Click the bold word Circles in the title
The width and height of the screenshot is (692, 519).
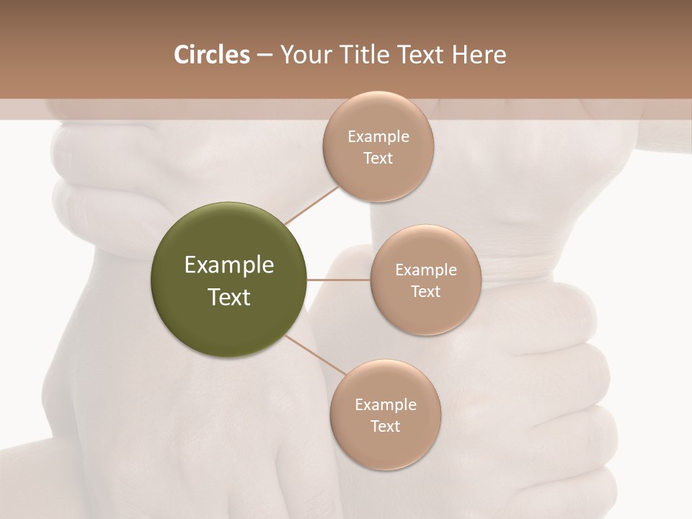coord(211,55)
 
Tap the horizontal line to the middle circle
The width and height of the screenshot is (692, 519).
coord(339,280)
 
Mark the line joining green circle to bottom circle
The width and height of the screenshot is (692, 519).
coord(315,355)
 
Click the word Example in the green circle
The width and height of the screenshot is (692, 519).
coord(229,265)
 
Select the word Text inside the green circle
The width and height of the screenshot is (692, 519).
coord(229,297)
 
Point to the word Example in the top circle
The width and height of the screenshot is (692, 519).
coord(378,137)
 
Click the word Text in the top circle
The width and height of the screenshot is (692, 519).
coord(378,159)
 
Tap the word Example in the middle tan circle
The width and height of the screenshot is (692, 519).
coord(426,270)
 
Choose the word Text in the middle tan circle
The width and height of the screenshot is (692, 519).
coord(426,292)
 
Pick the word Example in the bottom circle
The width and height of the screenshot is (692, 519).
coord(386,405)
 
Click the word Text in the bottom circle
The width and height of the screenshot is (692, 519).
coord(386,427)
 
